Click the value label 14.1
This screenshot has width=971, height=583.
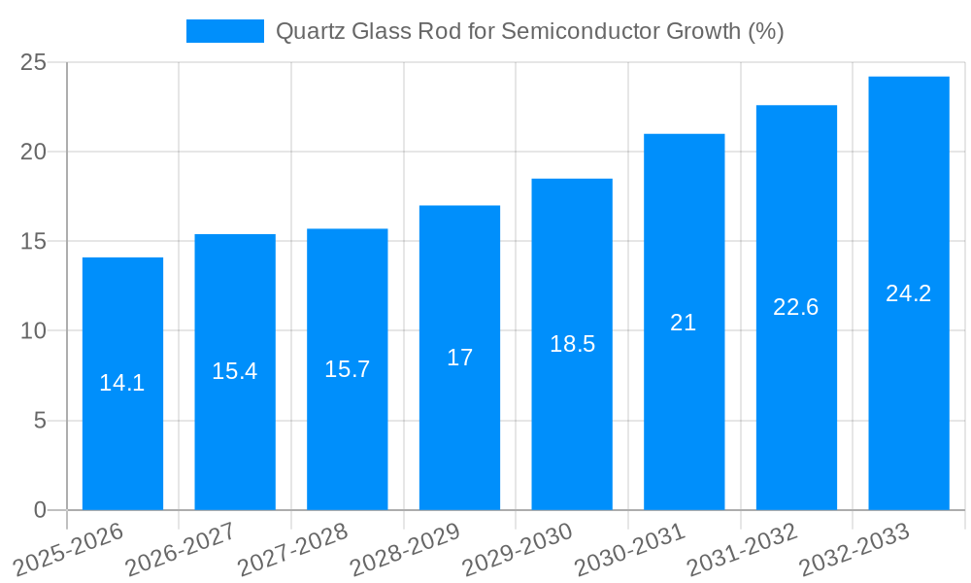pyautogui.click(x=122, y=383)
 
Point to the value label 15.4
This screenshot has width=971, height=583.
pyautogui.click(x=235, y=371)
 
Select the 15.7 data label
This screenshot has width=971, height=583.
pyautogui.click(x=347, y=369)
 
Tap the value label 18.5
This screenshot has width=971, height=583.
pyautogui.click(x=572, y=344)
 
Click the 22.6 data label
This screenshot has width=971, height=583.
pyautogui.click(x=796, y=307)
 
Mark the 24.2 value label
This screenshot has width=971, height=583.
pyautogui.click(x=909, y=293)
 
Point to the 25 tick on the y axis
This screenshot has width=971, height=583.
pyautogui.click(x=34, y=63)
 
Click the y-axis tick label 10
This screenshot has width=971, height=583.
pyautogui.click(x=34, y=331)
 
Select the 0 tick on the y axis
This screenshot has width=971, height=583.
pyautogui.click(x=40, y=510)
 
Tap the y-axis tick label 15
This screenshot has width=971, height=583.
pyautogui.click(x=34, y=242)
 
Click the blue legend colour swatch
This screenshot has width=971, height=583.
pyautogui.click(x=224, y=31)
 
